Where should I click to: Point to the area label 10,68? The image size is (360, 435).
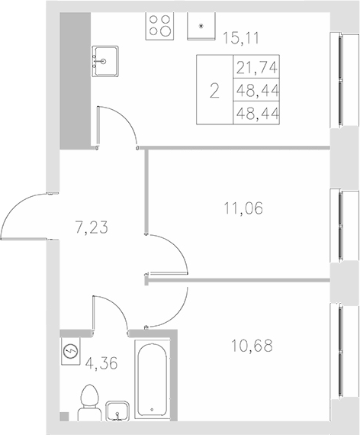pos(251,345)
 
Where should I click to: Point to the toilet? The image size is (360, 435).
pos(89,401)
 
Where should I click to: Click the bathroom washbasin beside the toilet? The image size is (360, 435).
pos(117,411)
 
